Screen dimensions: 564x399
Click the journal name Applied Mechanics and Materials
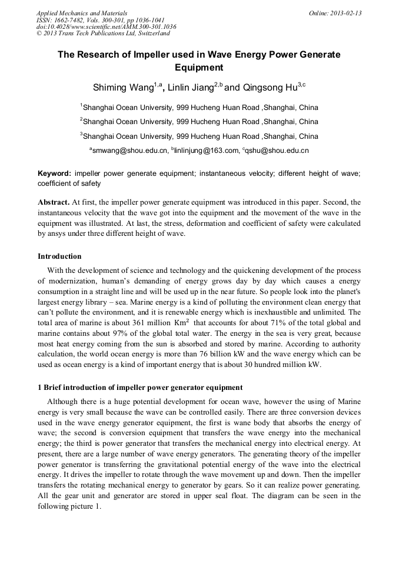tap(82, 13)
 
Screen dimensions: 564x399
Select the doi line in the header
tap(106, 26)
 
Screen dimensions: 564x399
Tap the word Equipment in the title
tap(199, 68)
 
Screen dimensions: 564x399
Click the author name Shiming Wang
tap(123, 88)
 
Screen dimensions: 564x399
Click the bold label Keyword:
tap(55, 173)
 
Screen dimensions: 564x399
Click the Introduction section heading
tap(59, 256)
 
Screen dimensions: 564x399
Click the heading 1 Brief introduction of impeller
tap(139, 388)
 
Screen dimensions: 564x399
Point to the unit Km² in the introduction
tap(179, 323)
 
